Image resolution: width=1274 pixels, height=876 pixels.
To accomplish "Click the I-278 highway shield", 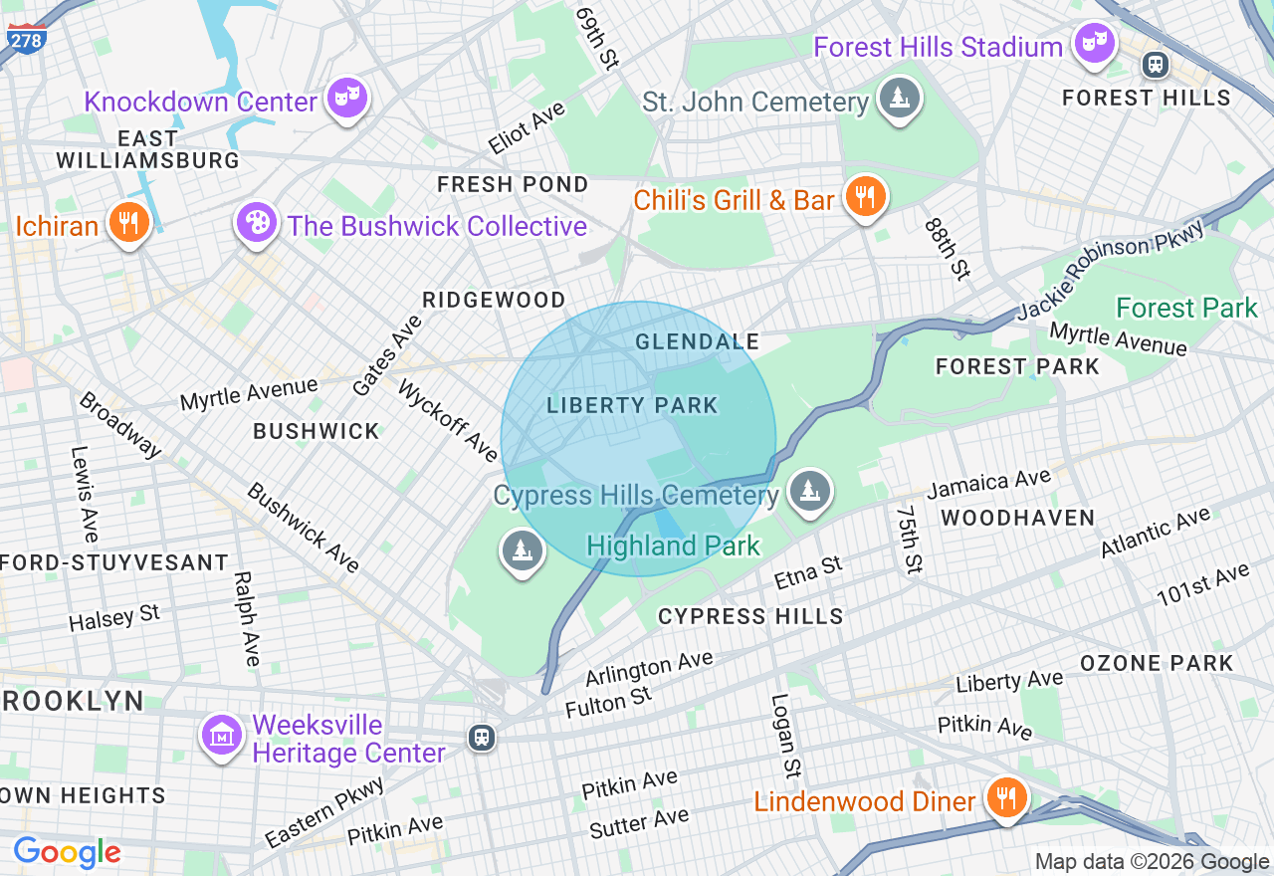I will coord(26,37).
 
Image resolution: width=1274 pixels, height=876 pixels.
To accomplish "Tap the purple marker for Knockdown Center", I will coord(349,98).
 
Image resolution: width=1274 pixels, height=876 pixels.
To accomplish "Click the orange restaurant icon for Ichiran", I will coord(128,222).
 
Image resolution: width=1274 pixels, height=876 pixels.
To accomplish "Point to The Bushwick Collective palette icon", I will coord(257,222).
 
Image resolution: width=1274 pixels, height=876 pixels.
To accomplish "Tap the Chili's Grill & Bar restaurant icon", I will coord(865,195).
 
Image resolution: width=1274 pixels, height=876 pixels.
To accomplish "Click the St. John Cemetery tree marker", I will coord(900,98).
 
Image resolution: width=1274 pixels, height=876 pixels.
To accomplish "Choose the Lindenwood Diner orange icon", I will coord(1007,797).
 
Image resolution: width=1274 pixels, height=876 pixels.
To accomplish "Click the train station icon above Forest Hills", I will coord(1156,65).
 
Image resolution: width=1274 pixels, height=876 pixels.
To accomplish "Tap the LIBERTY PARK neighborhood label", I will coord(632,405).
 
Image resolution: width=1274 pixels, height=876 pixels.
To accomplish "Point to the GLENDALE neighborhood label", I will coord(697,341).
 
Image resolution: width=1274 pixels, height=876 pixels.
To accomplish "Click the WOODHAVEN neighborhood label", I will coord(1017,518).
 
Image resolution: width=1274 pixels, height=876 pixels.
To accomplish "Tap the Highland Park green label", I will coord(673,546).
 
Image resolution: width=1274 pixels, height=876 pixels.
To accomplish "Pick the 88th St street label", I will coord(947,248).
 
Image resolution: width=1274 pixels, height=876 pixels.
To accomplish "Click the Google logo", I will coord(67,852).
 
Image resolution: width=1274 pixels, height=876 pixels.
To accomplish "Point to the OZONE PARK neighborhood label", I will coord(1157,663).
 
